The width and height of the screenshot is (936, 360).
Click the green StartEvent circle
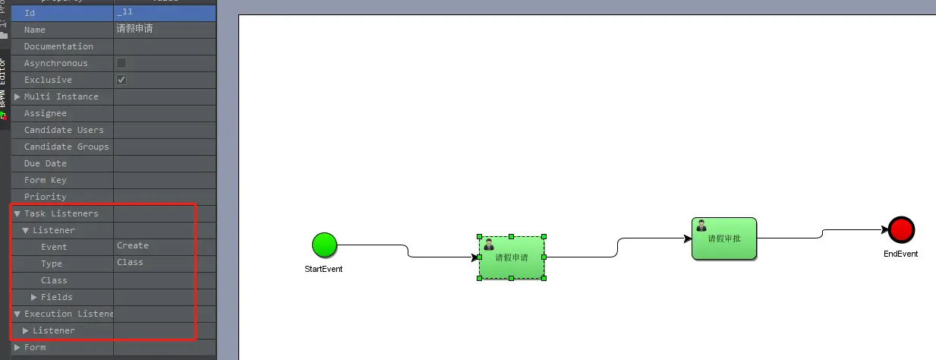[324, 245]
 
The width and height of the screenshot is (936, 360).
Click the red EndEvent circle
[901, 229]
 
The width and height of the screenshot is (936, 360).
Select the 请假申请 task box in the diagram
[512, 257]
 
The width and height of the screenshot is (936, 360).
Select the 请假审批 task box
[724, 238]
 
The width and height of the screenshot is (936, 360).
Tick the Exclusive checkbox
[121, 80]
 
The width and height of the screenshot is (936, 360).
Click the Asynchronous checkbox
[121, 63]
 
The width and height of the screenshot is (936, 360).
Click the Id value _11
[124, 12]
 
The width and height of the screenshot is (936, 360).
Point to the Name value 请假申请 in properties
[135, 29]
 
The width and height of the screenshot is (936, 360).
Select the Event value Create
[133, 246]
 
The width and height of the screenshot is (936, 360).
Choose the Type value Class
[130, 263]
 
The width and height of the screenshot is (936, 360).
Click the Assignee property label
[46, 113]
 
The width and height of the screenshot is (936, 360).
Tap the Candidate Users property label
[64, 130]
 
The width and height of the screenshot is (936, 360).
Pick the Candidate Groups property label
[67, 147]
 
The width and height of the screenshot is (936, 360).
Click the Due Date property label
[46, 163]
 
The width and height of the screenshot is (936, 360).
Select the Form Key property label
[46, 180]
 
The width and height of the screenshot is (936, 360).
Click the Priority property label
[46, 197]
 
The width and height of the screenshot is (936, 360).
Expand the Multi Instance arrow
[17, 96]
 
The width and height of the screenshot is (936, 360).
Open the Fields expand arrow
[34, 297]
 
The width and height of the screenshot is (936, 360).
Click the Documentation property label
[58, 46]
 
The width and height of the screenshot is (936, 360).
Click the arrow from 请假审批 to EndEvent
[823, 233]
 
